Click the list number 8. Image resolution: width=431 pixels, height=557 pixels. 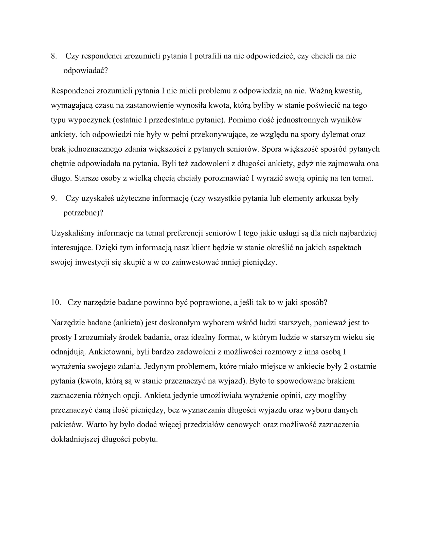53,56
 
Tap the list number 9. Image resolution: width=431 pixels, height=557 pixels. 53,198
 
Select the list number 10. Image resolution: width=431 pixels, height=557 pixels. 56,303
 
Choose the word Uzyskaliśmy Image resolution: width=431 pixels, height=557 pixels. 73,233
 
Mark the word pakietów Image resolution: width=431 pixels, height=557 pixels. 67,425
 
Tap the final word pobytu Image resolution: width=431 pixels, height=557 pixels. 145,439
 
